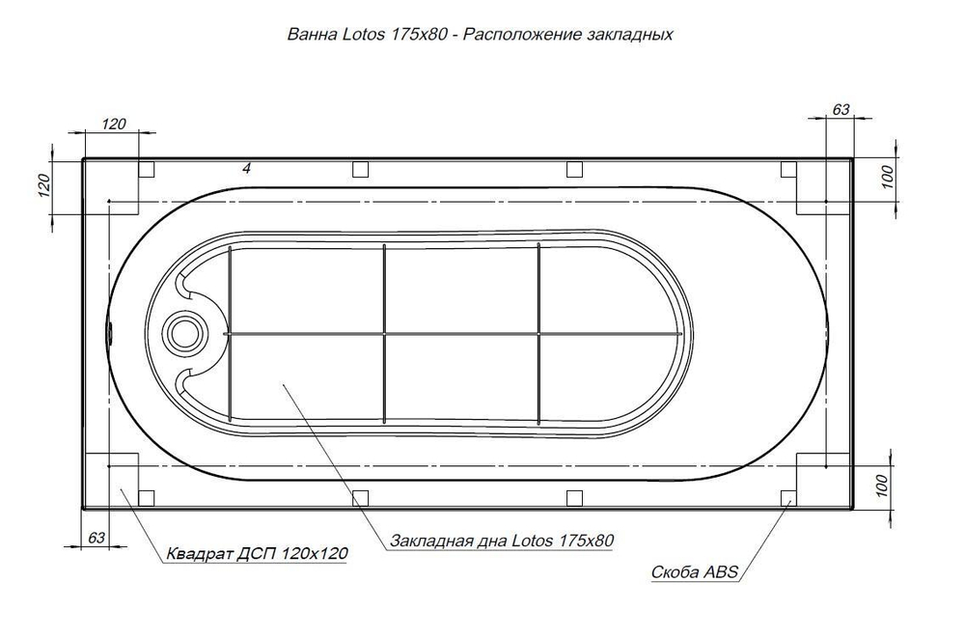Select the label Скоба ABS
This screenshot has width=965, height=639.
[x=695, y=572]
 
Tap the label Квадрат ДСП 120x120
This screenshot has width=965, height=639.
[x=257, y=554]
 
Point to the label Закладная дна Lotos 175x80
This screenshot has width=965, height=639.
[x=503, y=541]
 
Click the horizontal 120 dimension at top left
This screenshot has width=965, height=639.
[x=114, y=124]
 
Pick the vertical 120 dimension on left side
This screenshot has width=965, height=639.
[x=42, y=185]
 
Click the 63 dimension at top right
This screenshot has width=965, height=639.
[x=840, y=110]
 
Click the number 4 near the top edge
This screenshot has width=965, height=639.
[x=247, y=168]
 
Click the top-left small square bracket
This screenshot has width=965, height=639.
[x=147, y=170]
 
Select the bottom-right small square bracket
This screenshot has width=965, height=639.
[x=787, y=497]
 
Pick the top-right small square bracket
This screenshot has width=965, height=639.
[x=787, y=170]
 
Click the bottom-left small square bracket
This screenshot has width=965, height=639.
[x=147, y=497]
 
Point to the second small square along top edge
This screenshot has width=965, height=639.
[x=360, y=170]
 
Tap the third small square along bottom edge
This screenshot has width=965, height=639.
[x=574, y=497]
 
